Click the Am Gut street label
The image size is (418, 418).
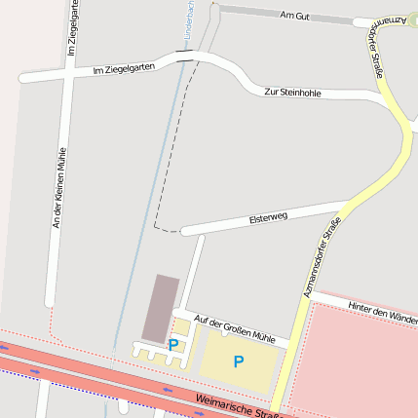[x=293, y=16]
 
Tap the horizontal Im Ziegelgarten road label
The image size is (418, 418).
[x=124, y=69]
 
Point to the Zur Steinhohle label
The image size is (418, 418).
[x=292, y=93]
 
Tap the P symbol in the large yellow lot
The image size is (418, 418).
[x=239, y=361]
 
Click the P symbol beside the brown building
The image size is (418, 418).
[x=173, y=344]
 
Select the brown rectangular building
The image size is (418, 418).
[x=161, y=307]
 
